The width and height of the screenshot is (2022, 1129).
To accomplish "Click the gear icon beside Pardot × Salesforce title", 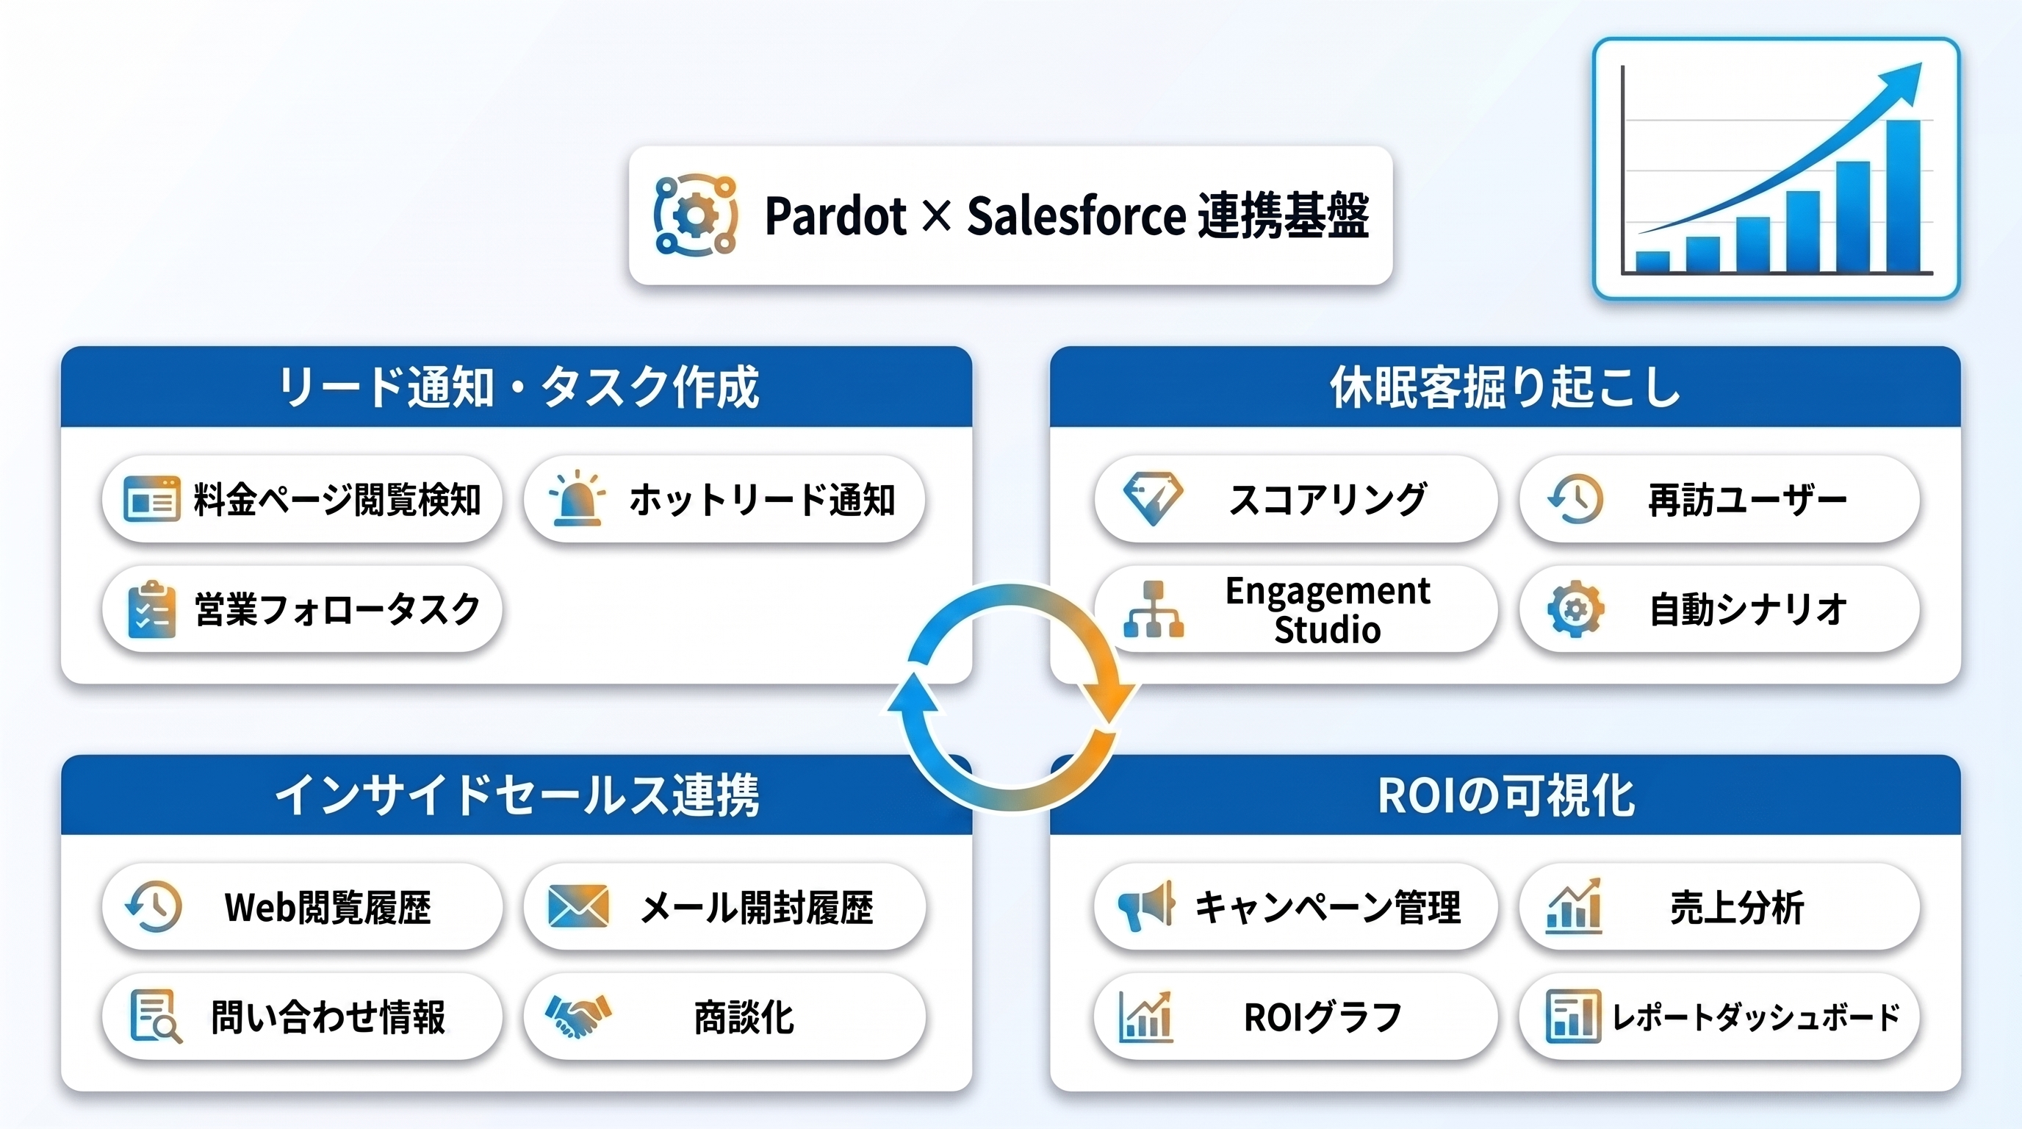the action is coord(696,215).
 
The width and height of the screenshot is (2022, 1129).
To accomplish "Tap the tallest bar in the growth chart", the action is coord(1903,196).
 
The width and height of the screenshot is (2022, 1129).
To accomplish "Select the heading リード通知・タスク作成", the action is coord(518,387).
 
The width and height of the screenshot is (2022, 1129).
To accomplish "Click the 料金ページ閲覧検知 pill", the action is coord(302,499).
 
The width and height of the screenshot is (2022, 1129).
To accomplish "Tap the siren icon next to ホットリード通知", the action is coord(577,498).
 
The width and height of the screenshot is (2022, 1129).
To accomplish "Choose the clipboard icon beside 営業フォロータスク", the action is coord(151,609).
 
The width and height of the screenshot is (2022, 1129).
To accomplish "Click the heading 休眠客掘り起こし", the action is coord(1505,387).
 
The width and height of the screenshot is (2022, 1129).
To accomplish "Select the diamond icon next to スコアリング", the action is coord(1152,498).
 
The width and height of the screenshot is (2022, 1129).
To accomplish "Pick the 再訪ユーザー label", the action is coord(1747,500).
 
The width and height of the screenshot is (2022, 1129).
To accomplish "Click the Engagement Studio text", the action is coord(1328,610).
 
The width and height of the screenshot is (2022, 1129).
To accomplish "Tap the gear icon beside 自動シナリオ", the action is coord(1575,609).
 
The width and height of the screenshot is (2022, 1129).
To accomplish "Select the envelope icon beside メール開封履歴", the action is coord(578,906).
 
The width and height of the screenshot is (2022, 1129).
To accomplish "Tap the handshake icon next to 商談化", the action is coord(578,1016).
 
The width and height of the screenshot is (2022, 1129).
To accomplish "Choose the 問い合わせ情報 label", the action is coord(328,1017).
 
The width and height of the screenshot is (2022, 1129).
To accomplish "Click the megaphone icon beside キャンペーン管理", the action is coord(1146,906).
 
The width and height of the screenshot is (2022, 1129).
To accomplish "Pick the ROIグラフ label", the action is coord(1323,1017).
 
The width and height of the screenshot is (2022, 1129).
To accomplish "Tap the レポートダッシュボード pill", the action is coord(1719,1017).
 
